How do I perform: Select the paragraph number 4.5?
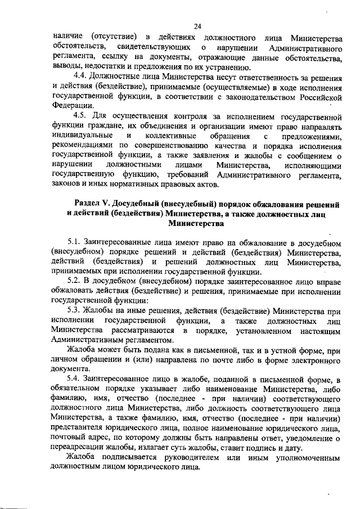point(82,116)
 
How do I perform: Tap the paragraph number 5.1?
point(75,243)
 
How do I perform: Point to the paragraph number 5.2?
point(75,280)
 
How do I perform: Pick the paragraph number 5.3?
point(75,310)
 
